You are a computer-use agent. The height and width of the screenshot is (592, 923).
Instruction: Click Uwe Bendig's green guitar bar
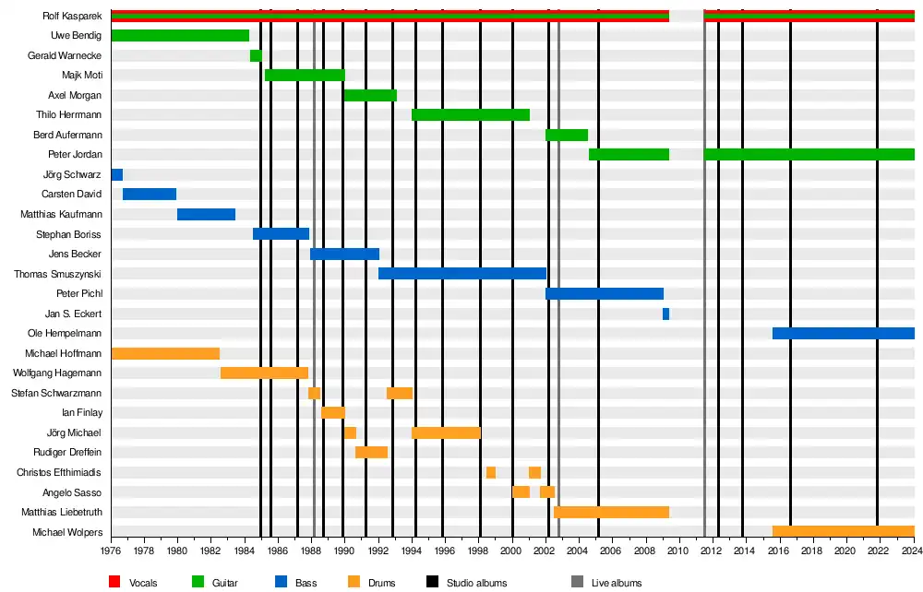(x=180, y=36)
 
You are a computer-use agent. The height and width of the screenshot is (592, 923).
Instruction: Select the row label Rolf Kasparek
(x=72, y=17)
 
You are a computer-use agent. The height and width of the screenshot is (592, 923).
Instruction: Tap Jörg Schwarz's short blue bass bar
(x=117, y=174)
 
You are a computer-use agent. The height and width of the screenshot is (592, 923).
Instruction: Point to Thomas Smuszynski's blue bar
(x=461, y=274)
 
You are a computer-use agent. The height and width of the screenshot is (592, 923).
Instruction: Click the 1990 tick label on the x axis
(x=343, y=551)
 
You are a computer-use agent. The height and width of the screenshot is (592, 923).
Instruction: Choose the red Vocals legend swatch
(x=114, y=582)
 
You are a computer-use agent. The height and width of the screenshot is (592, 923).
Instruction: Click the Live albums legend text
(x=616, y=583)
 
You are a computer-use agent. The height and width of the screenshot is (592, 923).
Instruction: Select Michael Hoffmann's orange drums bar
(x=165, y=353)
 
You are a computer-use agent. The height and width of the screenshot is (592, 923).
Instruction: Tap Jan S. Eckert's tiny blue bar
(x=665, y=314)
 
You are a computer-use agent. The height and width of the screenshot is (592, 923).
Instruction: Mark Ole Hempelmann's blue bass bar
(x=843, y=333)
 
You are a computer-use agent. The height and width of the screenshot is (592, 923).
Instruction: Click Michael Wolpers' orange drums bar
(x=843, y=532)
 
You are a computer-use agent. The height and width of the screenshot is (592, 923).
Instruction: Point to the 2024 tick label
(x=912, y=551)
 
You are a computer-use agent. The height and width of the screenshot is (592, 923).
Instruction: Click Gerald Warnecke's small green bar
(x=256, y=55)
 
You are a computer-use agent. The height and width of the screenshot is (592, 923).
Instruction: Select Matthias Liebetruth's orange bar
(x=611, y=512)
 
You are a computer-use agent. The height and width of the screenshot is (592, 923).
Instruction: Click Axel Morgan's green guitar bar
(x=370, y=95)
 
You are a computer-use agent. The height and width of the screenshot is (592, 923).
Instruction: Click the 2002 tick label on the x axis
(x=545, y=551)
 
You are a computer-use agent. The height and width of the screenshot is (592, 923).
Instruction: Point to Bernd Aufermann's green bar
(x=567, y=135)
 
